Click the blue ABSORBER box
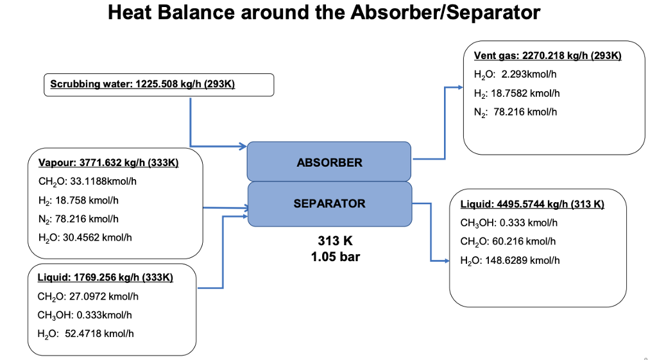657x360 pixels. (x=328, y=162)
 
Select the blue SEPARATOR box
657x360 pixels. (x=329, y=204)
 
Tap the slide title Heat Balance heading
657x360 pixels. (x=324, y=13)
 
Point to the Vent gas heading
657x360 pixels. (x=547, y=56)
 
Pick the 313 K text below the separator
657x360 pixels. (x=335, y=241)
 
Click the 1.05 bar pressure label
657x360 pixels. (x=335, y=257)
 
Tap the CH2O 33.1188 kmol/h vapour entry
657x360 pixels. (x=87, y=181)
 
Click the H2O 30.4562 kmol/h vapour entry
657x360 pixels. (x=85, y=237)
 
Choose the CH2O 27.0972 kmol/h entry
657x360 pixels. (x=88, y=296)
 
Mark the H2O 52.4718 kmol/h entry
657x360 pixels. (x=85, y=334)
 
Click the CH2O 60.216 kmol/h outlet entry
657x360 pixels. (x=508, y=241)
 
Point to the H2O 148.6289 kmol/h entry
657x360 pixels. (x=510, y=260)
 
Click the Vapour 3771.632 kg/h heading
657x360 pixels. (x=108, y=162)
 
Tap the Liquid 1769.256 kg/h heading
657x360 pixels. (x=105, y=277)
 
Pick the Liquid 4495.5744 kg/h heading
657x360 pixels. (x=532, y=204)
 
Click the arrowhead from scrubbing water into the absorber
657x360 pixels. (x=243, y=146)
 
